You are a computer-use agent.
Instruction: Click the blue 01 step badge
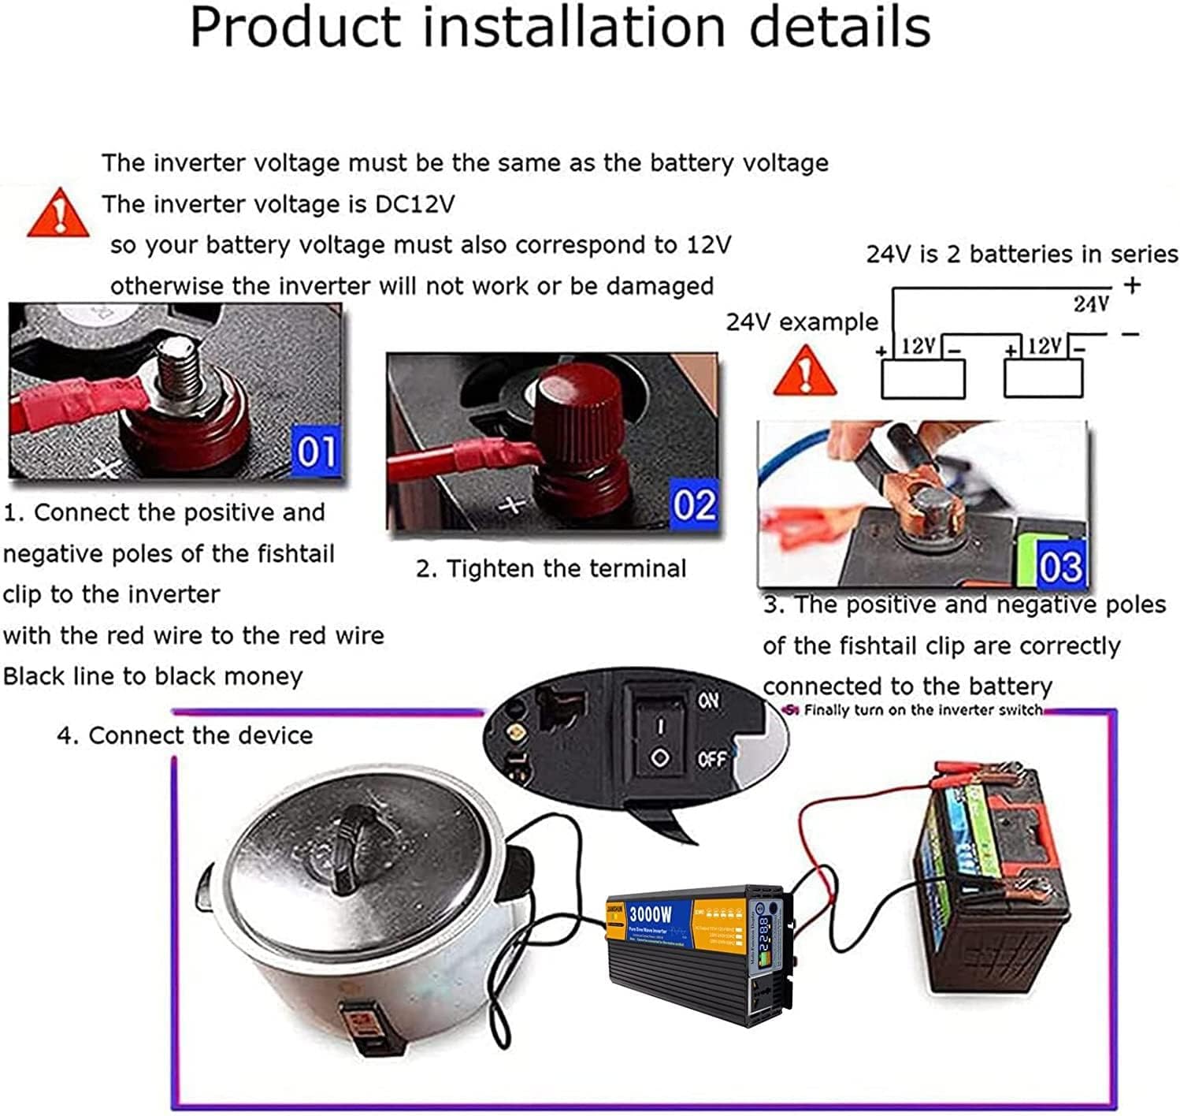click(317, 452)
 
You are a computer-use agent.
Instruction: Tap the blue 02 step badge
click(694, 505)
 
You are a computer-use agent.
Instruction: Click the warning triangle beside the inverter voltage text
click(58, 214)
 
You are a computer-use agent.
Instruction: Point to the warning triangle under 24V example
click(804, 371)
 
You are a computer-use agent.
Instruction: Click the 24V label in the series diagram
click(1091, 303)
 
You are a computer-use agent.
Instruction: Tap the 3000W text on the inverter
click(651, 913)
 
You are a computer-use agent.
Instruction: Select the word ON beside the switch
click(708, 699)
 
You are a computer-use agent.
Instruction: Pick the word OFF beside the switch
click(711, 760)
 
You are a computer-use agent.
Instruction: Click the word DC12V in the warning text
click(414, 204)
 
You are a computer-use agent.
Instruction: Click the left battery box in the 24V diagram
click(922, 379)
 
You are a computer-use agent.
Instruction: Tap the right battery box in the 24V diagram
click(1043, 379)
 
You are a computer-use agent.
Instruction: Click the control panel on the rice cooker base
click(363, 1024)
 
